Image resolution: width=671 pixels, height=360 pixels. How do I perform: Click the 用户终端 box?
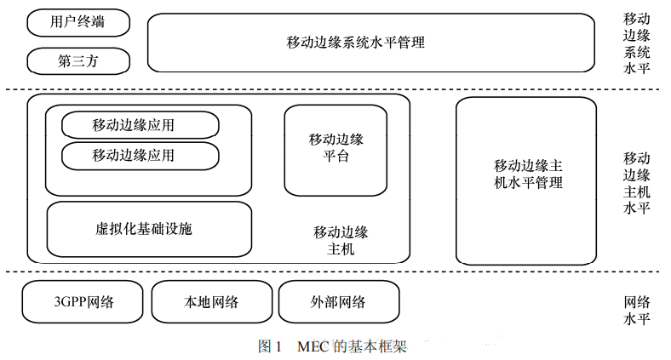tap(78, 22)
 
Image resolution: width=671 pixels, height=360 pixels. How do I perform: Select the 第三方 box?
tap(78, 61)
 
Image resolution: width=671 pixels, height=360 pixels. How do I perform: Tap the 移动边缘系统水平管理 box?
tap(370, 42)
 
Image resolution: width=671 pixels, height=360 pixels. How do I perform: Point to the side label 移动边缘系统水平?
tap(637, 43)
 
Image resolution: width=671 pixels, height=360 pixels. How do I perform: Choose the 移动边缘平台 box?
tap(335, 150)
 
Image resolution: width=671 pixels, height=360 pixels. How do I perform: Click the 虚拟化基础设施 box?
tap(149, 229)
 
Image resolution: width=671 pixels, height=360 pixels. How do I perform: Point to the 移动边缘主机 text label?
tap(341, 241)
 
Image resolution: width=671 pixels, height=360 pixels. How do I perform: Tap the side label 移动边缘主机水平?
tap(637, 182)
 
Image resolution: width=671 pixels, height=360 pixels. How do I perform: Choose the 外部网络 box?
tap(338, 302)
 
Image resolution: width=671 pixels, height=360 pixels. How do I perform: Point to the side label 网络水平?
tap(637, 311)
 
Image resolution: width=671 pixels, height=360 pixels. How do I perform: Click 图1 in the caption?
tap(269, 347)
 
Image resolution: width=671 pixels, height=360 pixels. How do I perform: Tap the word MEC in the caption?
tap(313, 347)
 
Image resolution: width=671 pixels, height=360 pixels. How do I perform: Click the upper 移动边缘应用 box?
tap(141, 125)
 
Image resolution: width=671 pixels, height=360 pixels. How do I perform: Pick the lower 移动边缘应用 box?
tap(141, 156)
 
